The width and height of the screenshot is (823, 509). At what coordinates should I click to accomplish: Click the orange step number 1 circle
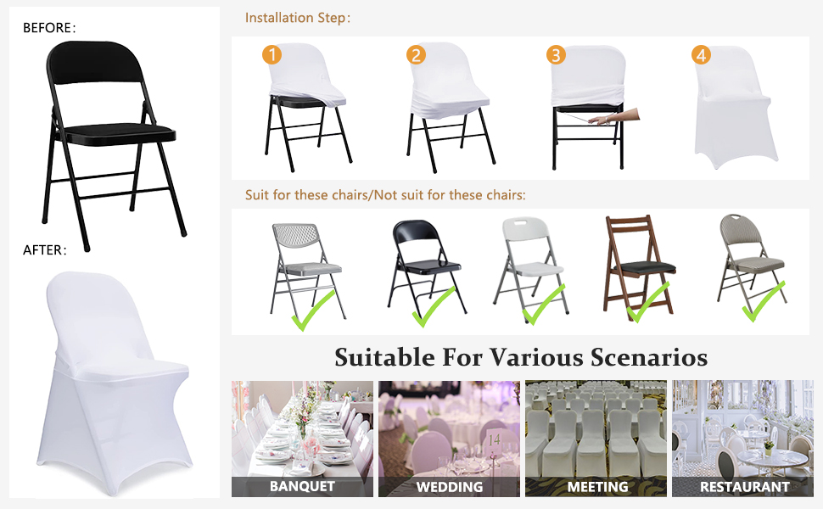point(272,54)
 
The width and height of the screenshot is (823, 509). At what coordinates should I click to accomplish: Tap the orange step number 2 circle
point(417,54)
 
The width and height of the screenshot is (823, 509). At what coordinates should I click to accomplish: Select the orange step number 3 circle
point(556,54)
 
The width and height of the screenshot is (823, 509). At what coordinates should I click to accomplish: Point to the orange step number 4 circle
point(701,54)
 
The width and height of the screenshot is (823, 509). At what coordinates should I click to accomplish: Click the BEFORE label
point(49,28)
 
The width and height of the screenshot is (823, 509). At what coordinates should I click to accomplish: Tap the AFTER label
point(45,249)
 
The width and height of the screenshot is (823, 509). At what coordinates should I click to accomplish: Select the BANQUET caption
point(302,486)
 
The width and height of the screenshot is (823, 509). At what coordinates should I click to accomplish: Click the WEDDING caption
point(450,487)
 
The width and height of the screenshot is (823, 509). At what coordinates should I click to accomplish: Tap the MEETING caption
point(597,487)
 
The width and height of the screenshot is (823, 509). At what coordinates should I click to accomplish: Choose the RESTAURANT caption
point(744,487)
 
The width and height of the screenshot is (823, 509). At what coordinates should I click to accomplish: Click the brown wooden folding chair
point(639,264)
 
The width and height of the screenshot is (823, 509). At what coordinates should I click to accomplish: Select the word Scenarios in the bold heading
point(649,357)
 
